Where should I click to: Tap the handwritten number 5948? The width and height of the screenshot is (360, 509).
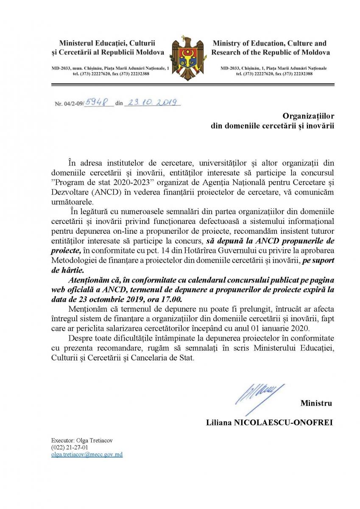[x=97, y=102]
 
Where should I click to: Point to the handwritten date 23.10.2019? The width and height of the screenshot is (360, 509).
[x=152, y=102]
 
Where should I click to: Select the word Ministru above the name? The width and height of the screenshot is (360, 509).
[x=316, y=403]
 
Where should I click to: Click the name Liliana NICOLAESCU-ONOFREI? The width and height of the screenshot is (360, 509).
[x=269, y=422]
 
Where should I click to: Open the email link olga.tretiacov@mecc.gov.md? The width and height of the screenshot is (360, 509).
[x=87, y=454]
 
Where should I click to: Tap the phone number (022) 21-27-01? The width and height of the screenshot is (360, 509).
[x=69, y=447]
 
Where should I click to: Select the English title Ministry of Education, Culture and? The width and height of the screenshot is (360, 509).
[x=269, y=43]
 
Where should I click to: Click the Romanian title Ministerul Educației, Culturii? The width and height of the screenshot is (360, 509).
[x=107, y=43]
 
